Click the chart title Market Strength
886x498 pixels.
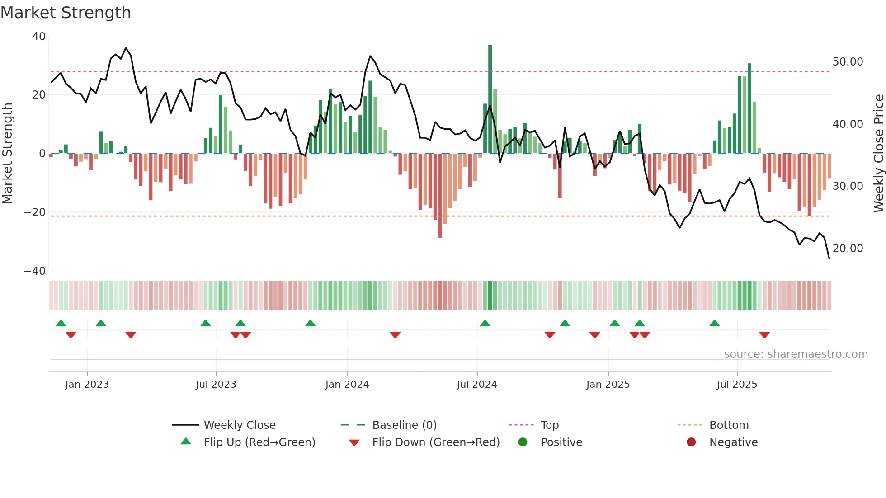coord(66,13)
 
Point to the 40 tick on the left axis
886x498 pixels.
coord(39,37)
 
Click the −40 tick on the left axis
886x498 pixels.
coord(35,271)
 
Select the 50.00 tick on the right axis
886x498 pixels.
coord(848,62)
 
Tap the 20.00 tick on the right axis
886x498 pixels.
coord(848,249)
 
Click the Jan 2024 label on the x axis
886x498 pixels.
coord(347,385)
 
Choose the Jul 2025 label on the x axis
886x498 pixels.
coord(737,385)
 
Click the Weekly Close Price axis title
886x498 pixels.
coord(878,154)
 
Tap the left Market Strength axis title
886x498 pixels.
coord(8,154)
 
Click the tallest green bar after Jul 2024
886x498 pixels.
coord(490,99)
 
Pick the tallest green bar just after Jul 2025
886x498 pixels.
coord(749,108)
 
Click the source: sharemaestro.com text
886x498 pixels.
coord(796,354)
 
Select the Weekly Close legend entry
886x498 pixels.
coord(240,425)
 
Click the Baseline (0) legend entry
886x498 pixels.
coord(404,425)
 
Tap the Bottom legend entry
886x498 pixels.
coord(729,425)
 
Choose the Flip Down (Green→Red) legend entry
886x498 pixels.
coord(436,442)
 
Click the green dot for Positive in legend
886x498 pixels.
coord(523,442)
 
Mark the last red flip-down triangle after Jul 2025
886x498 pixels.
coord(764,335)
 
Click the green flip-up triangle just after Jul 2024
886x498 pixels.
coord(485,324)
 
